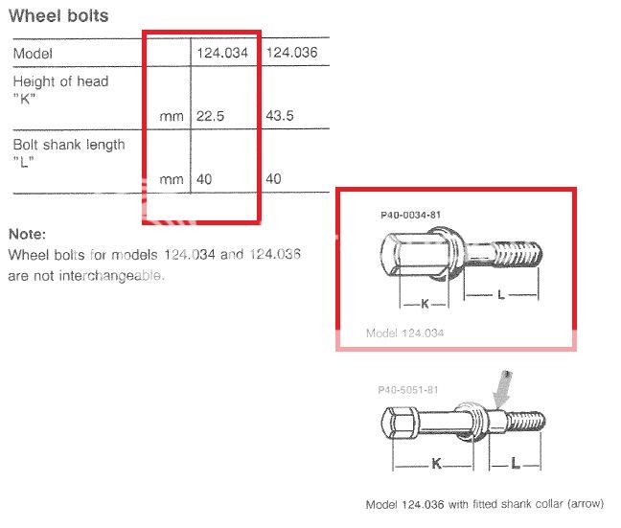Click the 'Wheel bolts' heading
coord(58,15)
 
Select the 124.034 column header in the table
coord(223,52)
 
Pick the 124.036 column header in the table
coord(290,52)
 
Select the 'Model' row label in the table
coord(33,54)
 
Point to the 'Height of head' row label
coord(60,81)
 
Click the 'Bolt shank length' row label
coord(68,145)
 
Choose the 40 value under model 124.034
coord(205,178)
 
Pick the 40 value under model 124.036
coord(272,178)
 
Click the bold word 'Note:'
coord(27,234)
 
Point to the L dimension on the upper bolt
coord(500,296)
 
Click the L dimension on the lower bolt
coord(516,464)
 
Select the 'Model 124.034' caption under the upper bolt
coord(406,333)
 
